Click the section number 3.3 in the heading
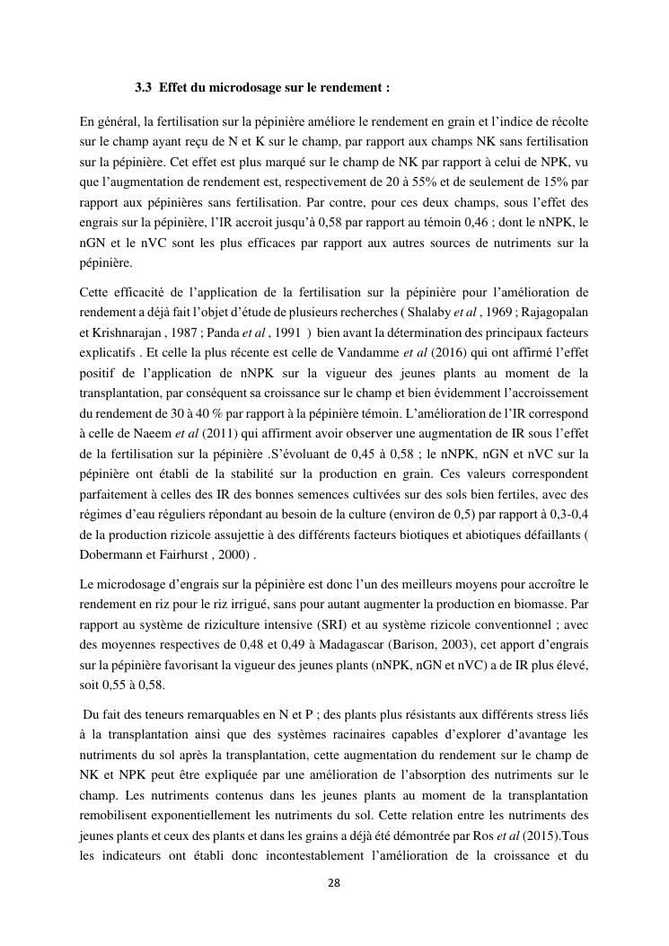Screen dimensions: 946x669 point(142,88)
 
